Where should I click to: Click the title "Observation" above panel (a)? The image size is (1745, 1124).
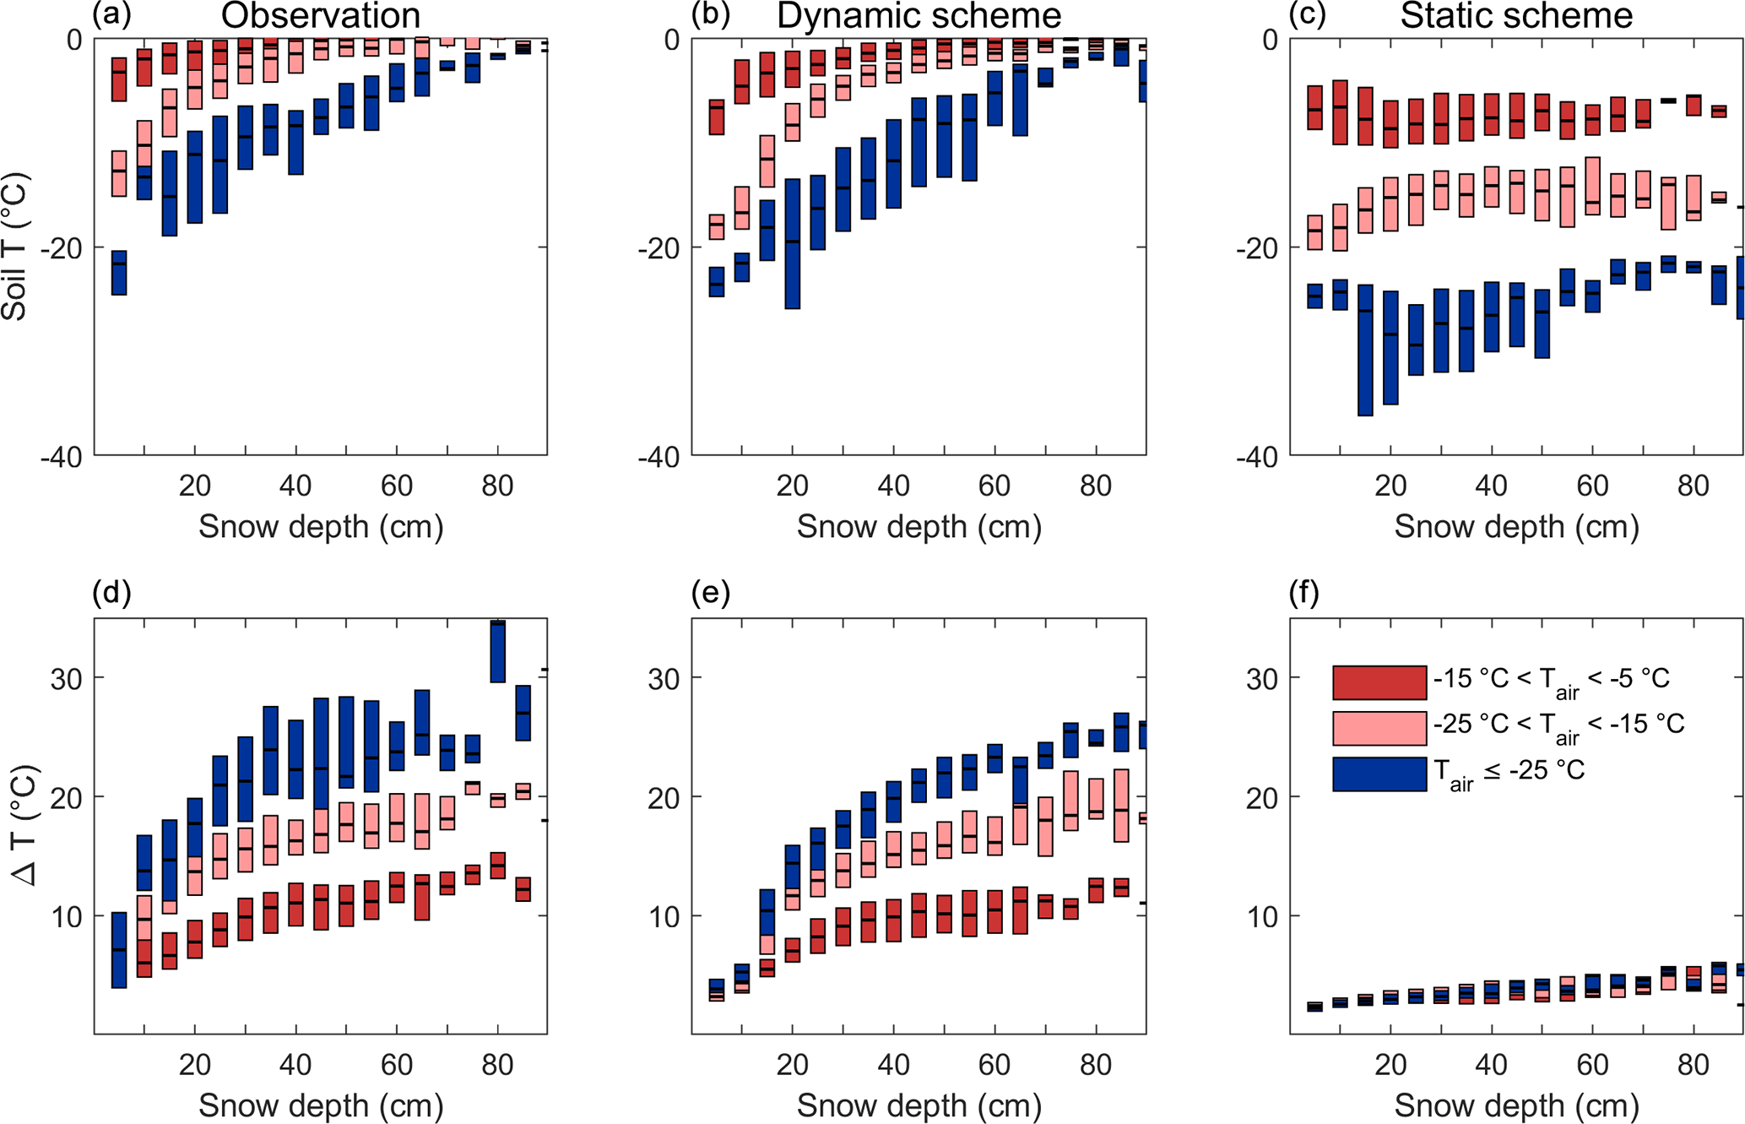320,16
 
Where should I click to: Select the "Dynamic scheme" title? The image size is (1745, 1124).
919,16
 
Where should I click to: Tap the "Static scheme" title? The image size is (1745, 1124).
1516,16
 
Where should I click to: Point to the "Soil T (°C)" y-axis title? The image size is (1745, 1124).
16,247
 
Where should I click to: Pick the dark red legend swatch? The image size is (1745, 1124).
1379,682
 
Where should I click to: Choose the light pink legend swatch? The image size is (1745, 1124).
1379,728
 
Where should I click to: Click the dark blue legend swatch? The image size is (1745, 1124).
1379,774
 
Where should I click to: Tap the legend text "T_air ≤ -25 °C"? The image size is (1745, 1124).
1509,772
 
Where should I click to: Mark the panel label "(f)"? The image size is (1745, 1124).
1304,594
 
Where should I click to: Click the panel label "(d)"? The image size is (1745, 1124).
111,594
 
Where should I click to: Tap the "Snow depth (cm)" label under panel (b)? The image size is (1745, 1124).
919,527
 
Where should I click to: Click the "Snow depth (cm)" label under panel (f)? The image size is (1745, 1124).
1516,1105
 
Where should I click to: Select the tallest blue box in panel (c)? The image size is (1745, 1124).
1365,350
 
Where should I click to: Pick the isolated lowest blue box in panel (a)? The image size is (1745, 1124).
119,273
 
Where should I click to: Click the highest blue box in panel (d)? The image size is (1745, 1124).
498,651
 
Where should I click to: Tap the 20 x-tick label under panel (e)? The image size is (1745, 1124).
792,1066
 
